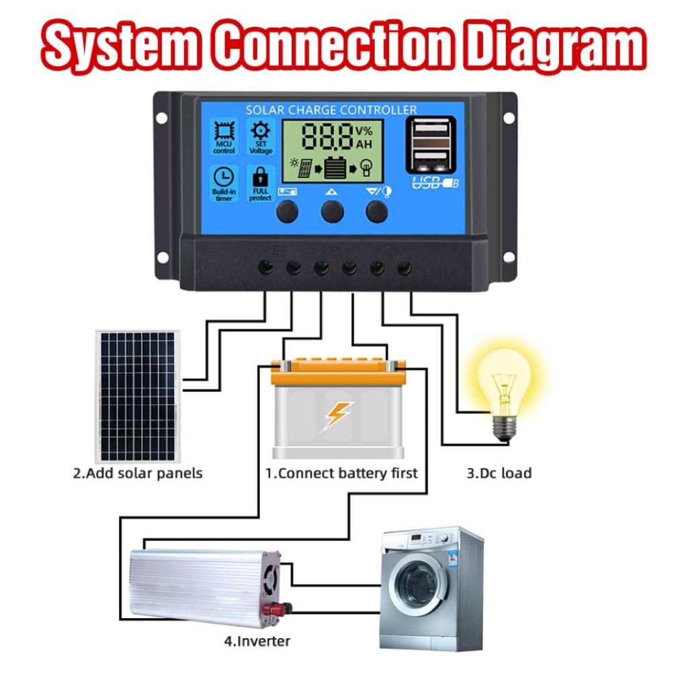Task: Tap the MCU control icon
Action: (224, 132)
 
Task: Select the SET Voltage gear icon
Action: (259, 132)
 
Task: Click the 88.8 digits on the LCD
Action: (328, 136)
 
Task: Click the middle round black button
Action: (332, 212)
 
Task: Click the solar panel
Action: (137, 396)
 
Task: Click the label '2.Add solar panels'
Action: (137, 473)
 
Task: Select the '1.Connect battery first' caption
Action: (341, 473)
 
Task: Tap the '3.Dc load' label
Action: (499, 473)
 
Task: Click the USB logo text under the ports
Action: (433, 181)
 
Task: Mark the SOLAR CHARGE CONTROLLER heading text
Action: (331, 110)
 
